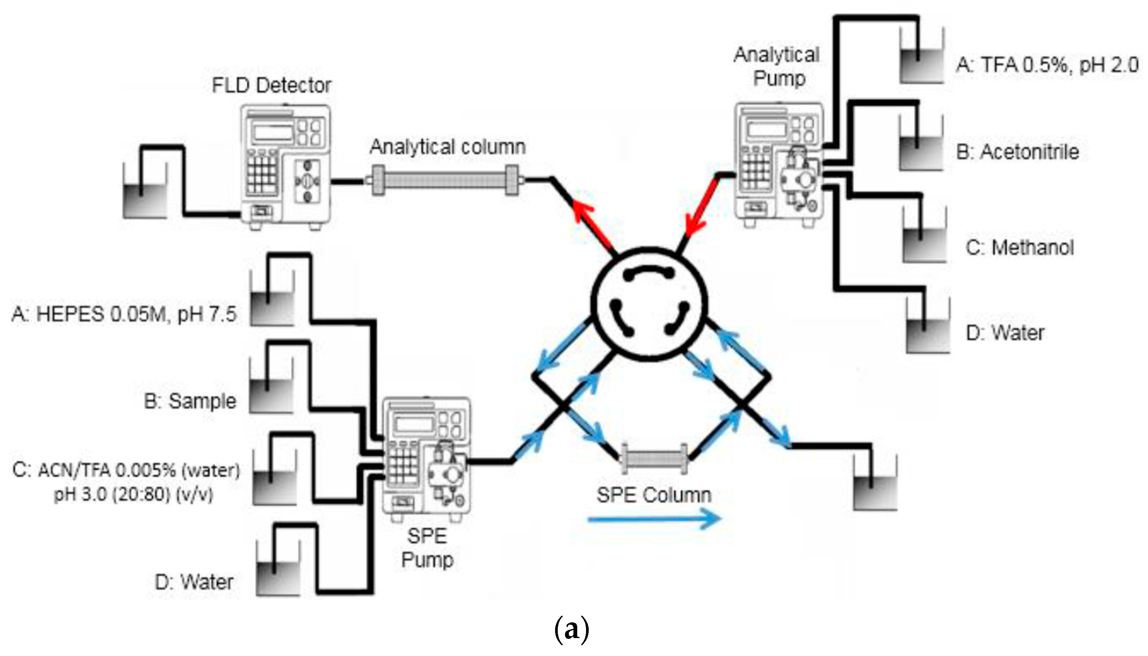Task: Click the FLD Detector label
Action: pos(271,86)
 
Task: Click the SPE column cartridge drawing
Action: pos(654,460)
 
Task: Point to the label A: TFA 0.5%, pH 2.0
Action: pos(1048,65)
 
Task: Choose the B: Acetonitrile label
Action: pos(1017,152)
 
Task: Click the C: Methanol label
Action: pos(1020,247)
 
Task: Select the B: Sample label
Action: pos(190,401)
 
